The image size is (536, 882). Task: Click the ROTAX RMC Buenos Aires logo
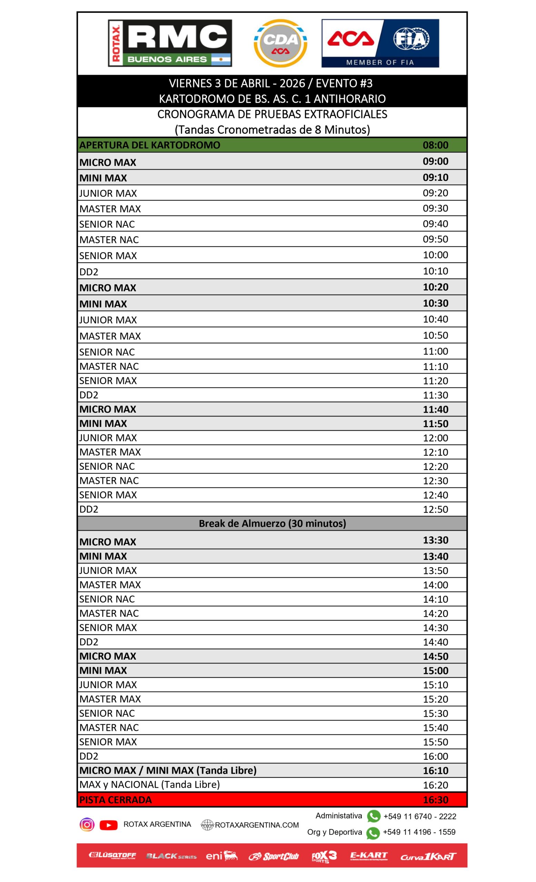[x=170, y=43]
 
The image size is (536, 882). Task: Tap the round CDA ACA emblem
[x=280, y=43]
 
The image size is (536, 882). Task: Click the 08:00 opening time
[x=435, y=145]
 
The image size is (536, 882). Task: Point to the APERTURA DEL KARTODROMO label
[x=150, y=145]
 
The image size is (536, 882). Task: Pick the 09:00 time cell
[x=435, y=161]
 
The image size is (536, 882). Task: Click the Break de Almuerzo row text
[x=272, y=523]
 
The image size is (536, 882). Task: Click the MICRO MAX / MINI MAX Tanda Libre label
[x=168, y=770]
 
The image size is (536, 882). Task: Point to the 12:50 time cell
[x=435, y=509]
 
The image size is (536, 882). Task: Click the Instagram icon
[x=87, y=825]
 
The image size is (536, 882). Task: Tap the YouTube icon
[x=108, y=825]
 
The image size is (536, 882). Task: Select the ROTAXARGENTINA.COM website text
[x=257, y=825]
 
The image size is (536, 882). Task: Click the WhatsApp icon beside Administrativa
[x=374, y=817]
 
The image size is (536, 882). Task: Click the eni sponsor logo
[x=221, y=856]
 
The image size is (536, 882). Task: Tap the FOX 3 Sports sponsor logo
[x=324, y=856]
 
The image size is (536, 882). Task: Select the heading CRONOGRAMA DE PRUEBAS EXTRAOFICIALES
[x=272, y=114]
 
